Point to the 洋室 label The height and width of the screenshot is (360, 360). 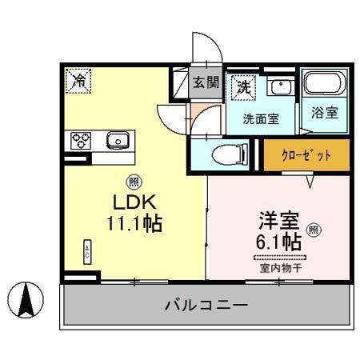[278, 218]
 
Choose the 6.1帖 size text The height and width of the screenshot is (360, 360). [279, 240]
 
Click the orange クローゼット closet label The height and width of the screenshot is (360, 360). [307, 154]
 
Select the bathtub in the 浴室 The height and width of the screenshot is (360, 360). [324, 86]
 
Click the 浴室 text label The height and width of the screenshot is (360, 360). [324, 113]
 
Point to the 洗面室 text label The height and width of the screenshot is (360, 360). [261, 118]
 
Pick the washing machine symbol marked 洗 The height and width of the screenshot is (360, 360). [242, 86]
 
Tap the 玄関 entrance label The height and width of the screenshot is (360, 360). [206, 82]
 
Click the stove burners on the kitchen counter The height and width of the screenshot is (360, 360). [81, 140]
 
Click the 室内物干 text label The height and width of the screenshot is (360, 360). [279, 267]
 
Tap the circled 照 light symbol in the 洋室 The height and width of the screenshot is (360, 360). [314, 230]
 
